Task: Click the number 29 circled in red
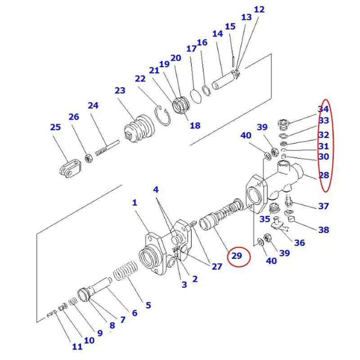click(237, 256)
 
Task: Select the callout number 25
click(55, 127)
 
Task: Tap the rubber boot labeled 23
click(139, 127)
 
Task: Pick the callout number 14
click(217, 34)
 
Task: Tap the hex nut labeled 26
click(89, 158)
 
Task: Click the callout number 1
click(134, 203)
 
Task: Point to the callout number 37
click(323, 206)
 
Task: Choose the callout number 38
click(323, 230)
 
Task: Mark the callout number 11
click(77, 346)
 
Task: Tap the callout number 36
click(299, 243)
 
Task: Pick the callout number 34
click(323, 109)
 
